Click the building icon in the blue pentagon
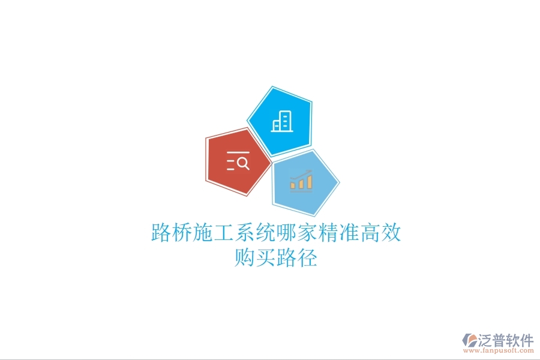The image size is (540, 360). tap(281, 122)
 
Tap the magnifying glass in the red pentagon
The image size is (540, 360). tap(242, 161)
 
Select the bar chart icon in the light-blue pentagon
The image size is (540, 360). tap(301, 181)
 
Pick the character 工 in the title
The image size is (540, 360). tap(224, 233)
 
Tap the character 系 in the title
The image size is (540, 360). tap(245, 233)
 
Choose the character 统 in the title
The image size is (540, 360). tap(266, 233)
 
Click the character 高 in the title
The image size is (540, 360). tap(370, 233)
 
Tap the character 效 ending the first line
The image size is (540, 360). tap(391, 233)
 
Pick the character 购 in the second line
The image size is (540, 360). tap(245, 259)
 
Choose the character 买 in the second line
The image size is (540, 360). tap(266, 259)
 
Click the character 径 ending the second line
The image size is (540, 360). tap(307, 259)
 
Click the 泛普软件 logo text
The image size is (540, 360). tap(506, 340)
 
